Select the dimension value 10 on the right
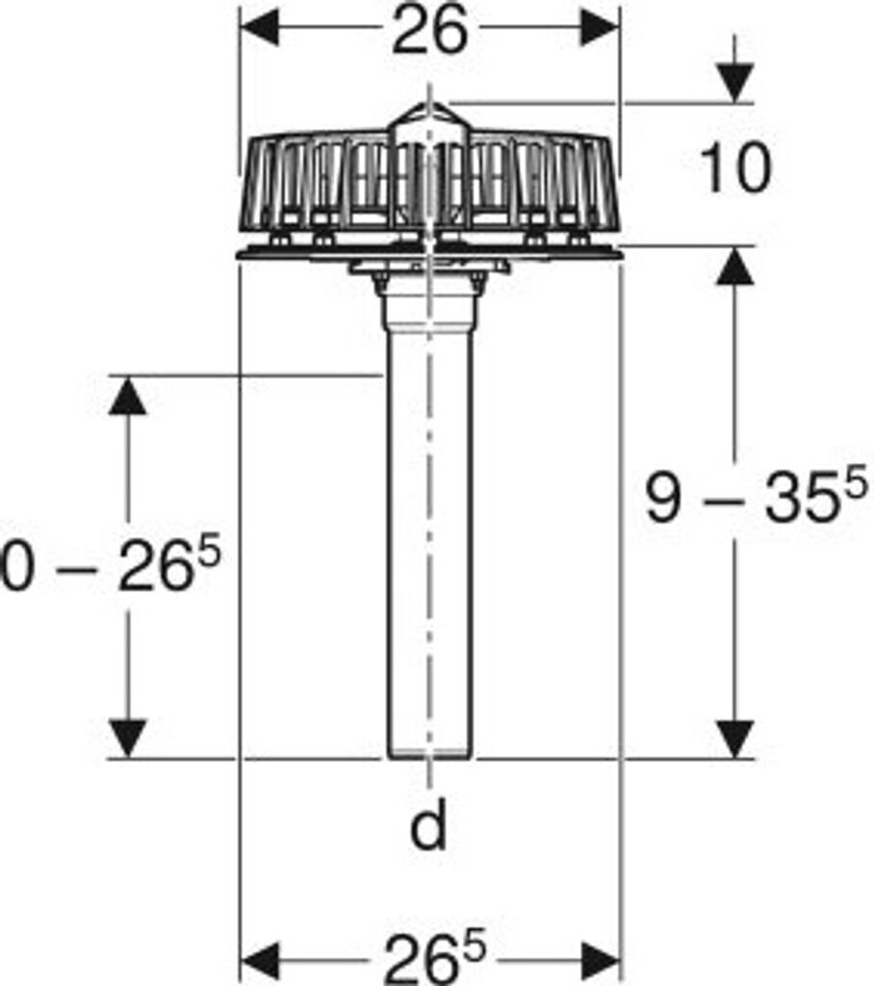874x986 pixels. click(735, 168)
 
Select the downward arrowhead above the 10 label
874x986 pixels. click(735, 85)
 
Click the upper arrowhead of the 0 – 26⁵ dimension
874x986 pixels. click(127, 396)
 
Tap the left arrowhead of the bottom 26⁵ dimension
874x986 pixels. click(259, 960)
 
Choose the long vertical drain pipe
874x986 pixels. click(429, 539)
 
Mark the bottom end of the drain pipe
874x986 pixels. click(429, 755)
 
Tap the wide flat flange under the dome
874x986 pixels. click(289, 253)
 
